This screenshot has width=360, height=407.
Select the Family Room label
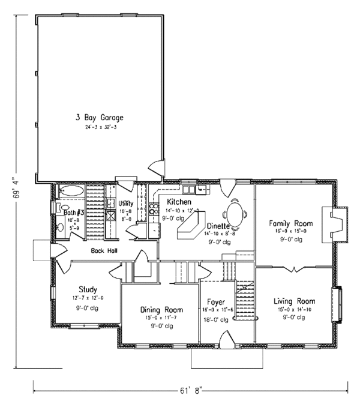pos(290,223)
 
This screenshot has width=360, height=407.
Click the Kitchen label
pos(179,202)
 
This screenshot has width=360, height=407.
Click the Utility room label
pos(126,203)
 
